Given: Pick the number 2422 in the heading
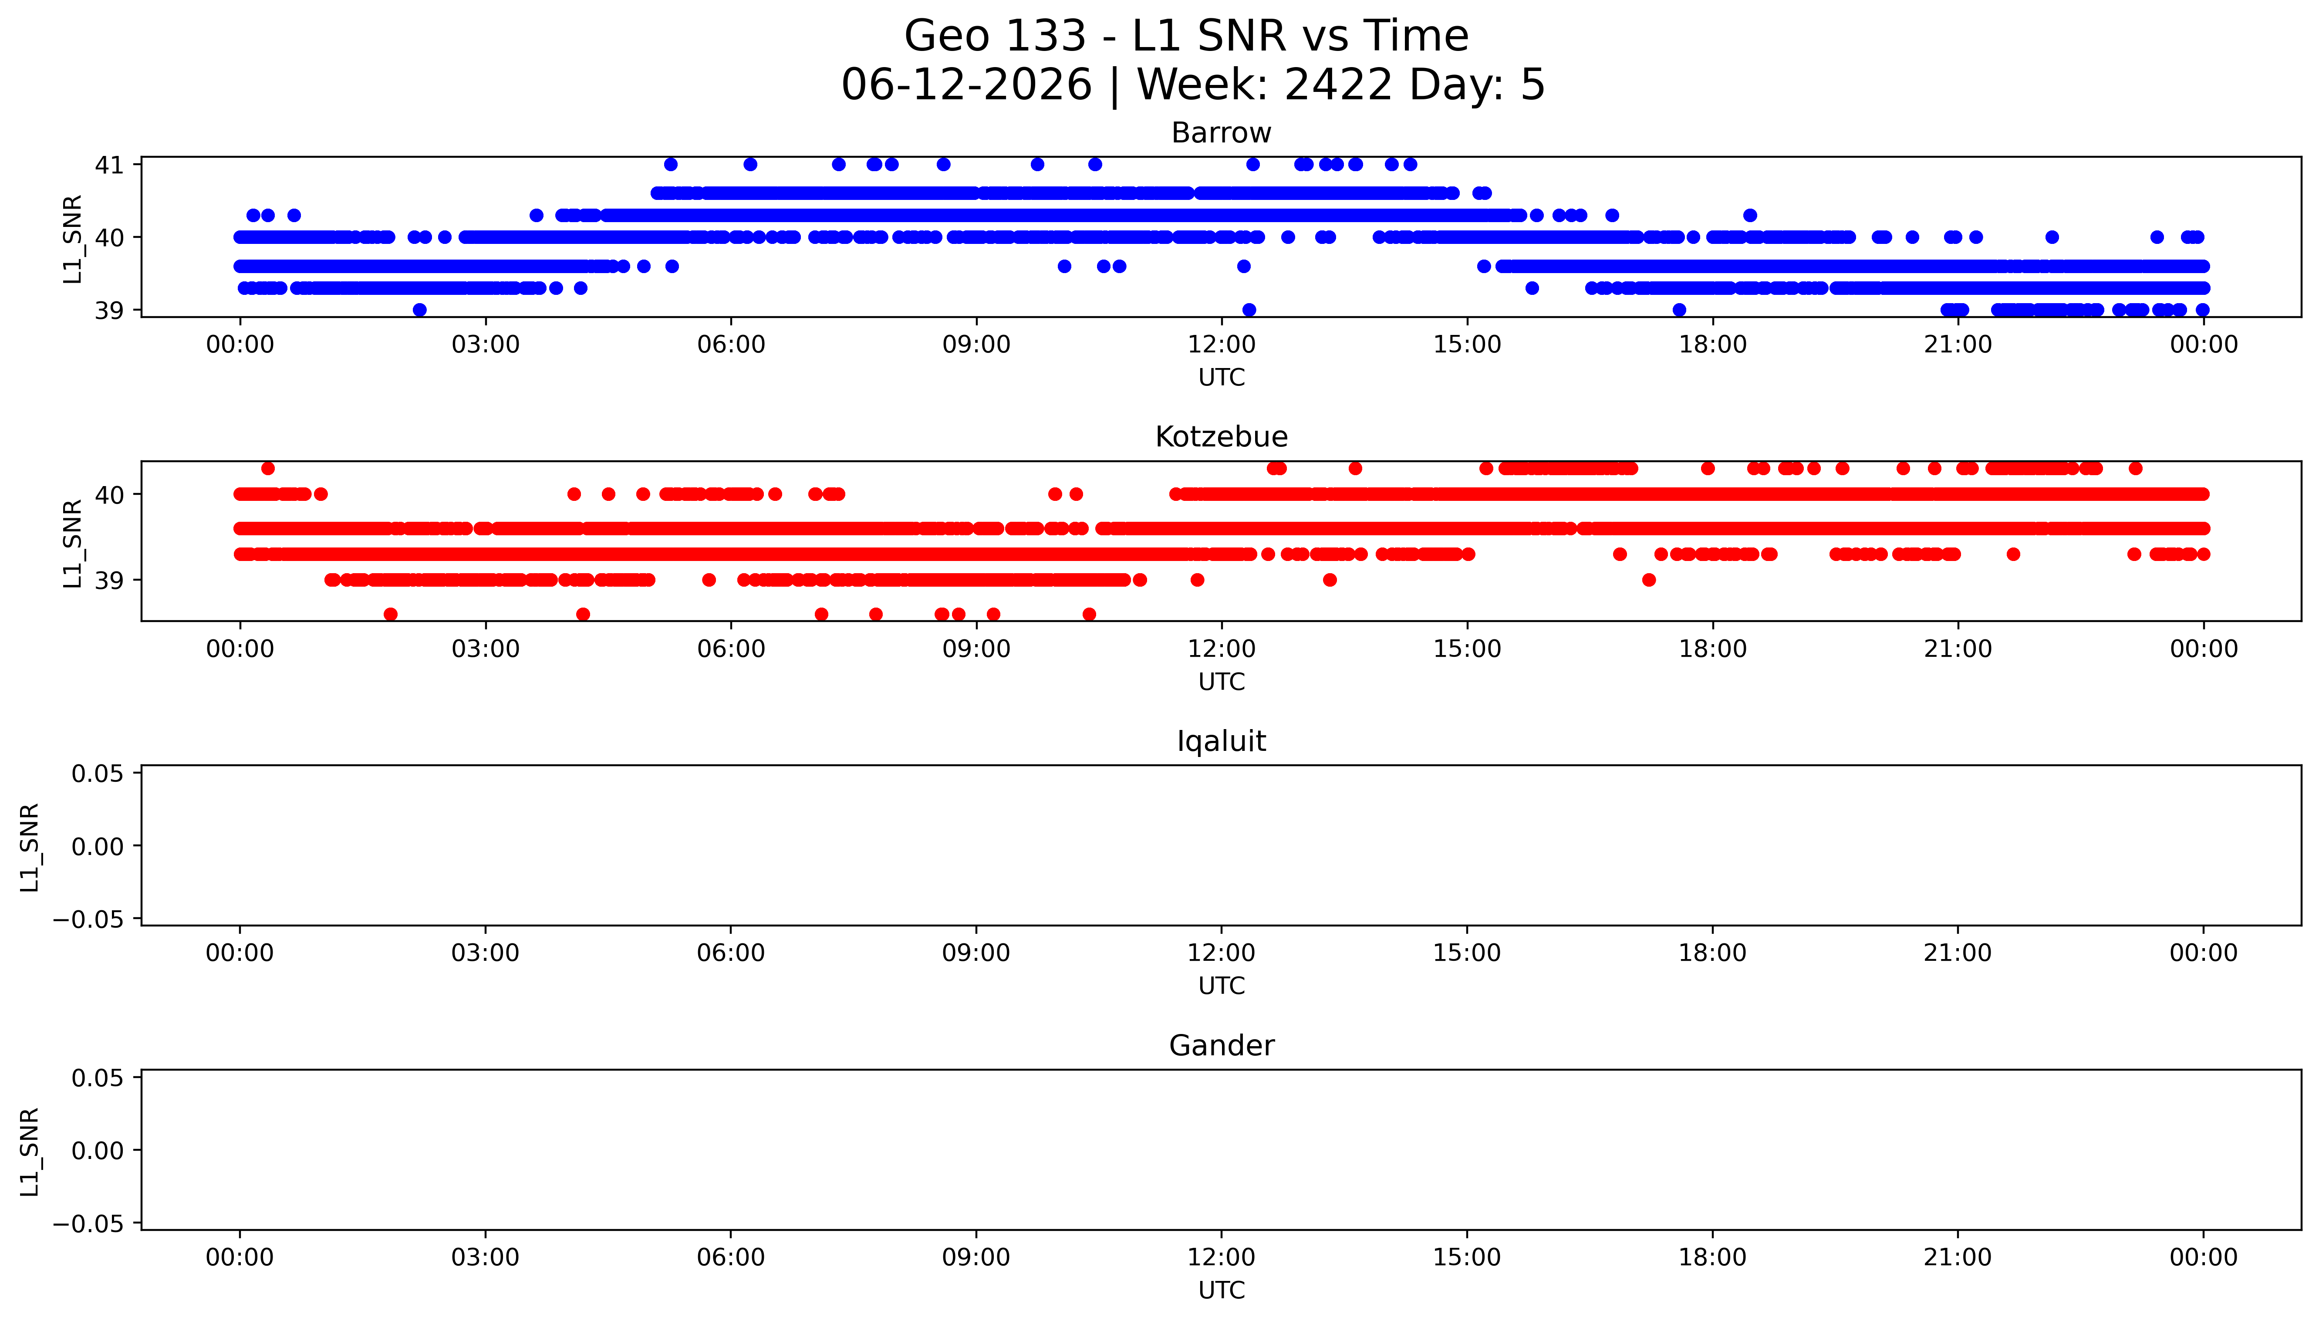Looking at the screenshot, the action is [x=1339, y=85].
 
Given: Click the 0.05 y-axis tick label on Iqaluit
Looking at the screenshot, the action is [x=98, y=774].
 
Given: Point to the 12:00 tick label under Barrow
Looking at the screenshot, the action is [x=1222, y=345].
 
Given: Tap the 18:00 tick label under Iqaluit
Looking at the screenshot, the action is [x=1712, y=953].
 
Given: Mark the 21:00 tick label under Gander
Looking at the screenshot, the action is [x=1958, y=1257].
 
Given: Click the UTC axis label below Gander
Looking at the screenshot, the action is [x=1222, y=1290].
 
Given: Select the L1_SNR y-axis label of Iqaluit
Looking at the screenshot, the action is [x=30, y=847].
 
